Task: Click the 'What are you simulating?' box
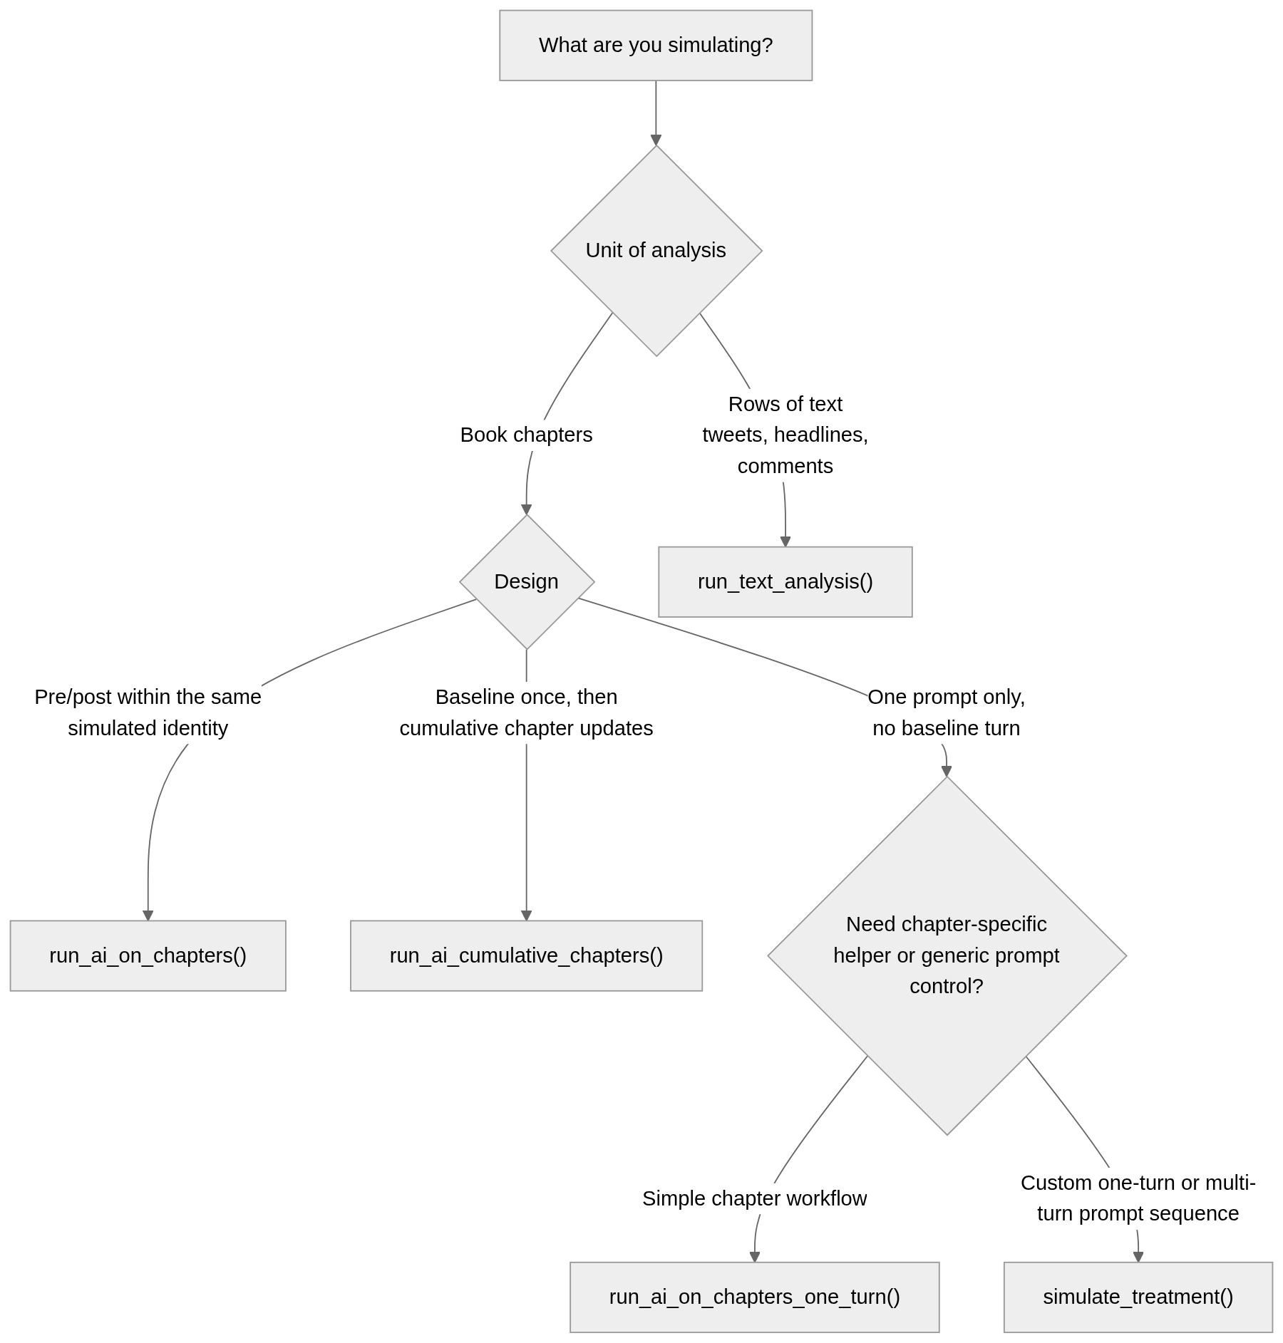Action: [x=655, y=45]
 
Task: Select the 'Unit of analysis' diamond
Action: [x=656, y=250]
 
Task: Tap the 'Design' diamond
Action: [x=526, y=581]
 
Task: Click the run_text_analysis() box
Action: [x=785, y=581]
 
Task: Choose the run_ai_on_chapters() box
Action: [x=148, y=955]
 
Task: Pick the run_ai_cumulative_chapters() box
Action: [x=526, y=955]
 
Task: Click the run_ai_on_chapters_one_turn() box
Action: [x=754, y=1296]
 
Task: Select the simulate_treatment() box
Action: [x=1138, y=1296]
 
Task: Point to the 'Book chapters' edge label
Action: [x=526, y=435]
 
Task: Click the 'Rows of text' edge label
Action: [x=785, y=404]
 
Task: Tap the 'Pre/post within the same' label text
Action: [x=148, y=697]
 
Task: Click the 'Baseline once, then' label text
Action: [x=526, y=697]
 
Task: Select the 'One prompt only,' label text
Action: [x=946, y=697]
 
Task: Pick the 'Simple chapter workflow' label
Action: [x=754, y=1198]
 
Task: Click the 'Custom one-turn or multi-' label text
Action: [x=1138, y=1183]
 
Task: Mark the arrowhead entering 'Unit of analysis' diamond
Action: [x=656, y=140]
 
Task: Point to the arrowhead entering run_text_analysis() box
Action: [x=785, y=541]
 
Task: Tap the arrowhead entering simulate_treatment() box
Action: [x=1138, y=1256]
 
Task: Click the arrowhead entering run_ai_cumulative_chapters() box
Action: [x=526, y=915]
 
